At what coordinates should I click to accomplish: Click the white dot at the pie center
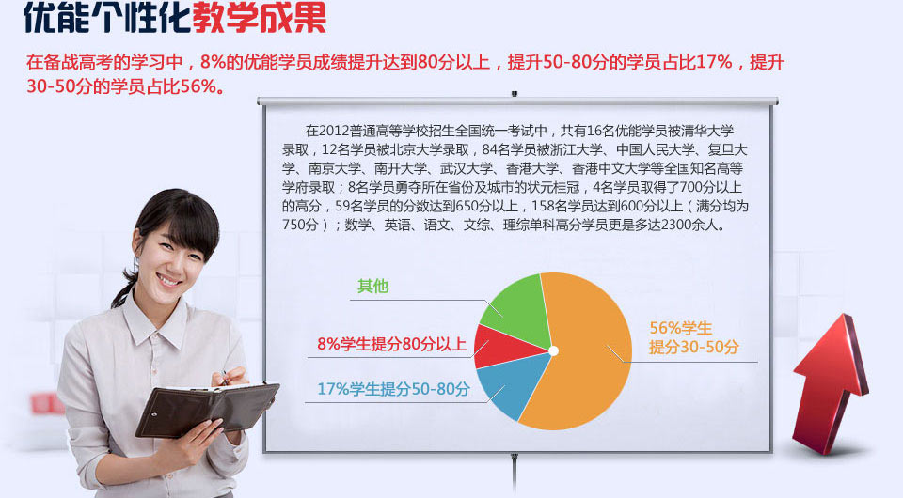tap(554, 350)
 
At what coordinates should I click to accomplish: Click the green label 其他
tap(372, 287)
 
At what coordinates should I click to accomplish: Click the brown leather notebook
tap(207, 408)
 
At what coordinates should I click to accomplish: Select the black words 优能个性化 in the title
tap(103, 19)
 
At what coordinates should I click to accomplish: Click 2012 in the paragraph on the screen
tap(336, 130)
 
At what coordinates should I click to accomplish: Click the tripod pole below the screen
tap(514, 475)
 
